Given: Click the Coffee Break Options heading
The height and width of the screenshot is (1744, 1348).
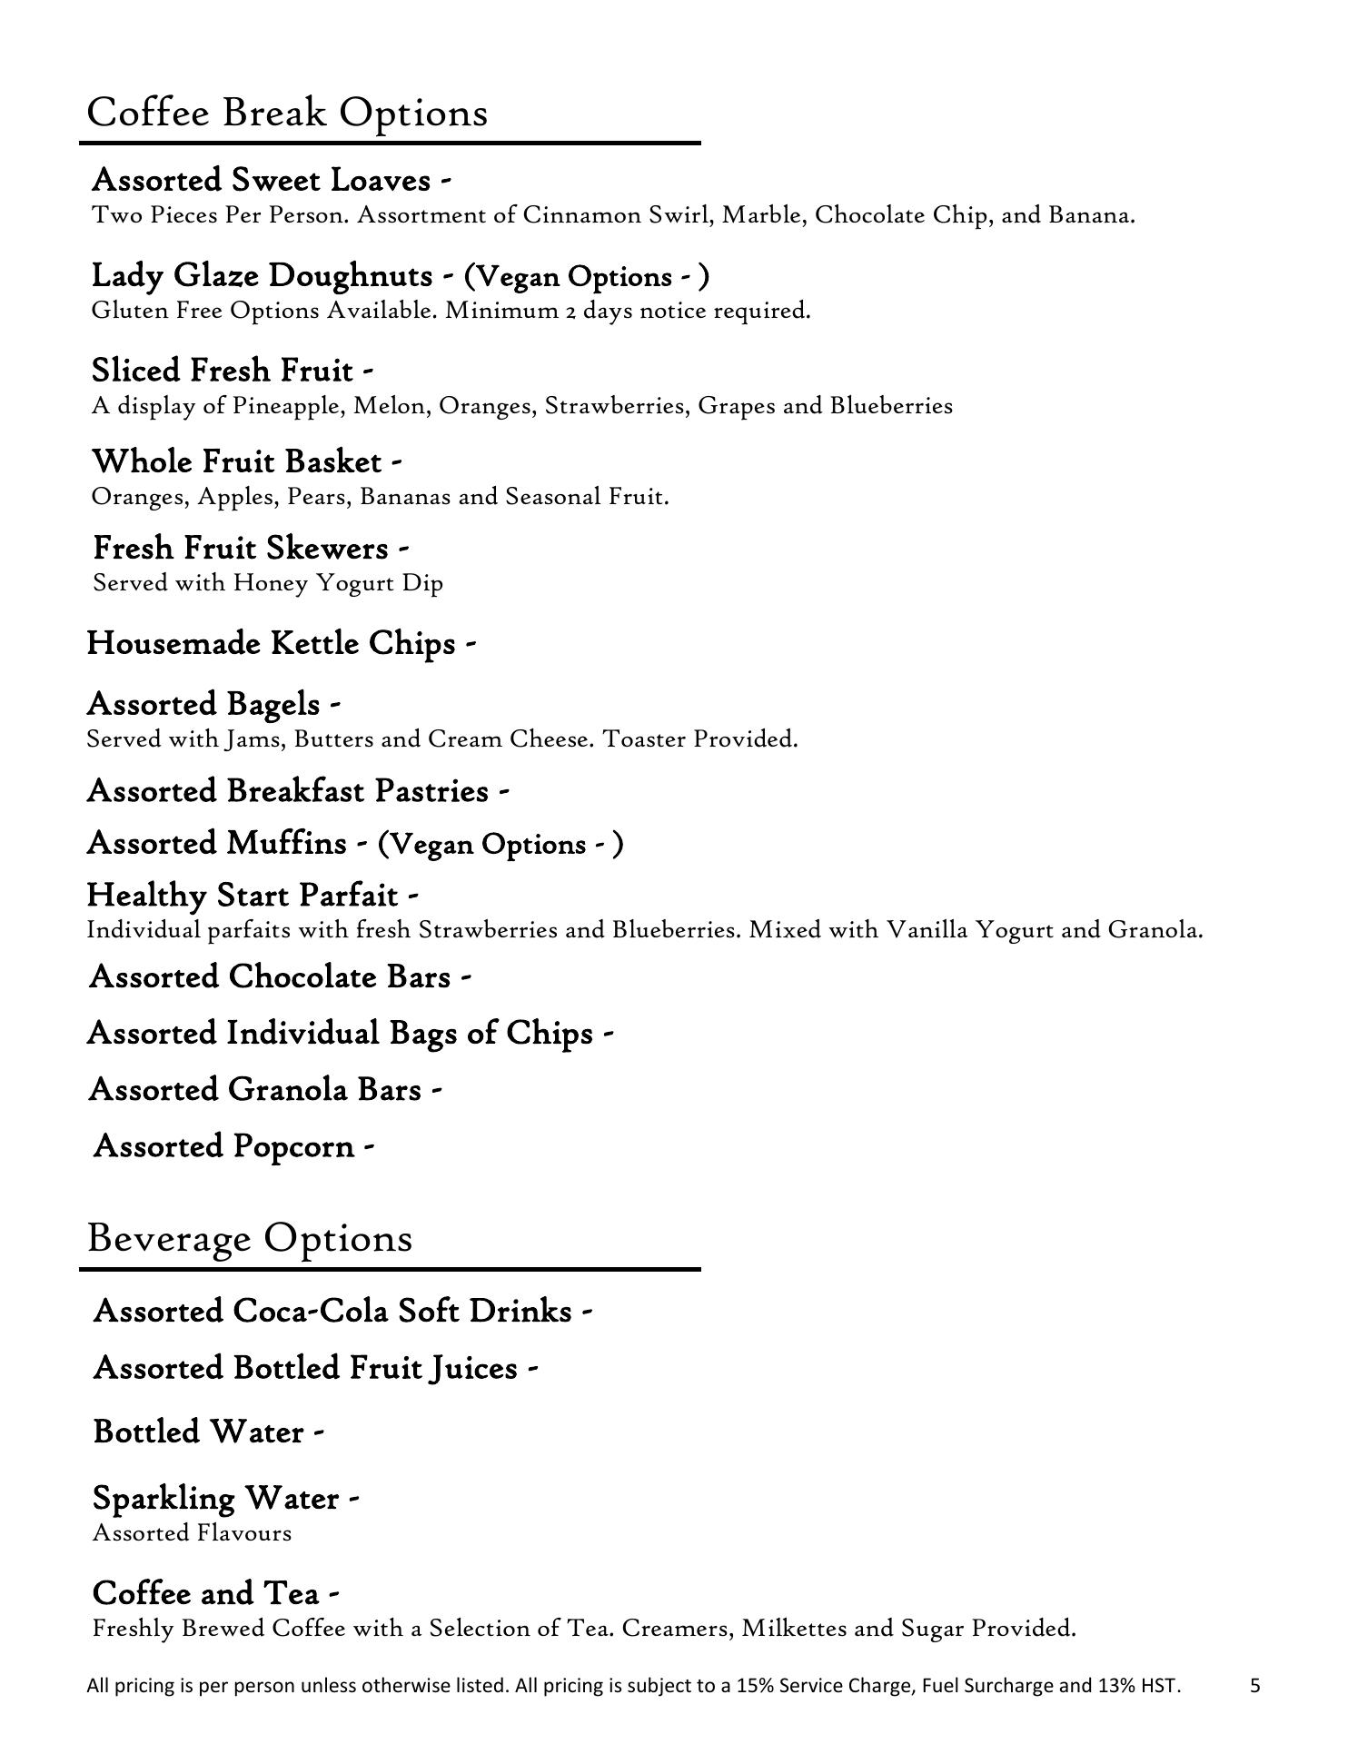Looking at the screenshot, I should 287,114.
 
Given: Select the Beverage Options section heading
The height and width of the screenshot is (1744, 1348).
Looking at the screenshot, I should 250,1238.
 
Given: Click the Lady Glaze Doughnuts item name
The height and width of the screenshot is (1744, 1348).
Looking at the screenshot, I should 263,275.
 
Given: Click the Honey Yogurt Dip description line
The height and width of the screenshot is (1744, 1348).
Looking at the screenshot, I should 268,583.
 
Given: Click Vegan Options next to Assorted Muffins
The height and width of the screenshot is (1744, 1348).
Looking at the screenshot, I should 500,845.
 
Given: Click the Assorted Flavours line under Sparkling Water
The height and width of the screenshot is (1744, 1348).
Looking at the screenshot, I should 193,1534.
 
